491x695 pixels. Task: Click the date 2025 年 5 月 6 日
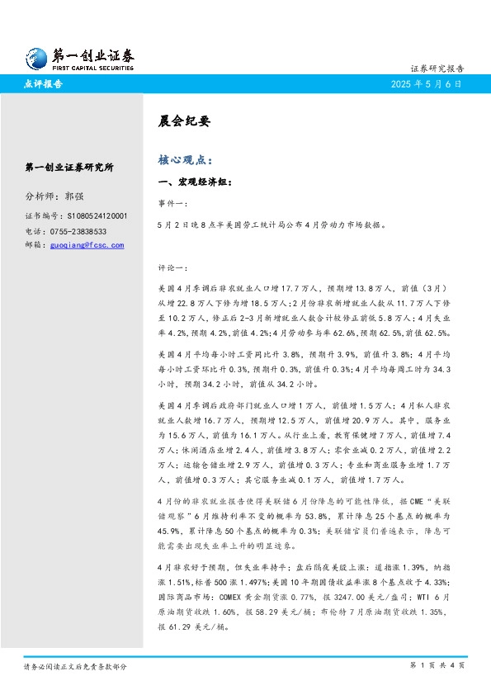[x=427, y=84]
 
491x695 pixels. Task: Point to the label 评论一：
[x=172, y=268]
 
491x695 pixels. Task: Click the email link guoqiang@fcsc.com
[x=87, y=245]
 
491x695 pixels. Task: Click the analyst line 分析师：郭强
[x=54, y=196]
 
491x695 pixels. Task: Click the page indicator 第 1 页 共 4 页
[x=437, y=665]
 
